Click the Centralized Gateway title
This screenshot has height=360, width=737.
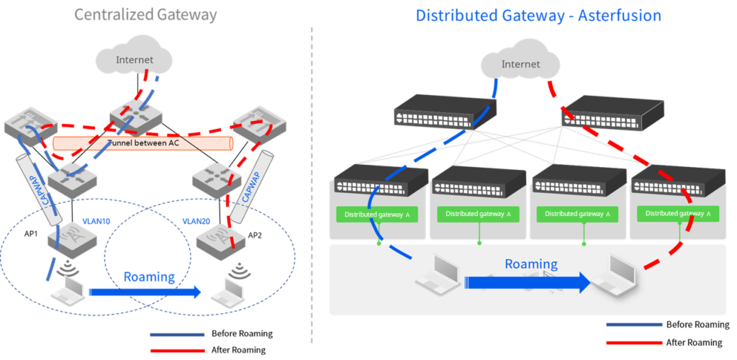click(145, 15)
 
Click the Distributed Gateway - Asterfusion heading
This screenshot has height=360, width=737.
click(538, 15)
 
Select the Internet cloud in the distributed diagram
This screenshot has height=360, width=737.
click(520, 64)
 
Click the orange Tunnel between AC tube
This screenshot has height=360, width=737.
click(144, 144)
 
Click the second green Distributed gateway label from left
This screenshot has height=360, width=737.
click(479, 214)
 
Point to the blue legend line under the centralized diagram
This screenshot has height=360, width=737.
click(177, 335)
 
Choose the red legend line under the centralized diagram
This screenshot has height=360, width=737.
click(177, 351)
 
